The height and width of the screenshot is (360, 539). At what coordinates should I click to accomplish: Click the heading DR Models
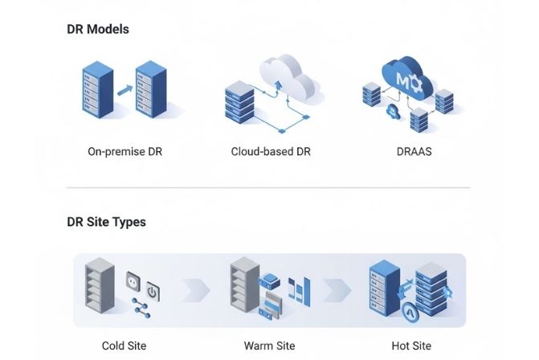pos(98,29)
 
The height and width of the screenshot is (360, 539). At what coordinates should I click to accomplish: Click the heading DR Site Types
pos(106,222)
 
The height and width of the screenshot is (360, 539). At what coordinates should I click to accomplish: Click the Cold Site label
pos(124,346)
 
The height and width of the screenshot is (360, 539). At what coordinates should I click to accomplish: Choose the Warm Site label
pos(268,346)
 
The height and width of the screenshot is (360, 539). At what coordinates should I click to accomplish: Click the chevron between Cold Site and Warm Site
pos(197,289)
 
